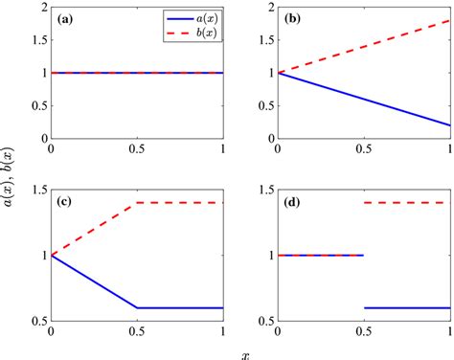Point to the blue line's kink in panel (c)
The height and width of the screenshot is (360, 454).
(x=138, y=307)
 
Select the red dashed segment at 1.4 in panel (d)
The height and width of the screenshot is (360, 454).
(x=406, y=203)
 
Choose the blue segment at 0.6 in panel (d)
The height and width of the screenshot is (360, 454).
(x=406, y=307)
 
